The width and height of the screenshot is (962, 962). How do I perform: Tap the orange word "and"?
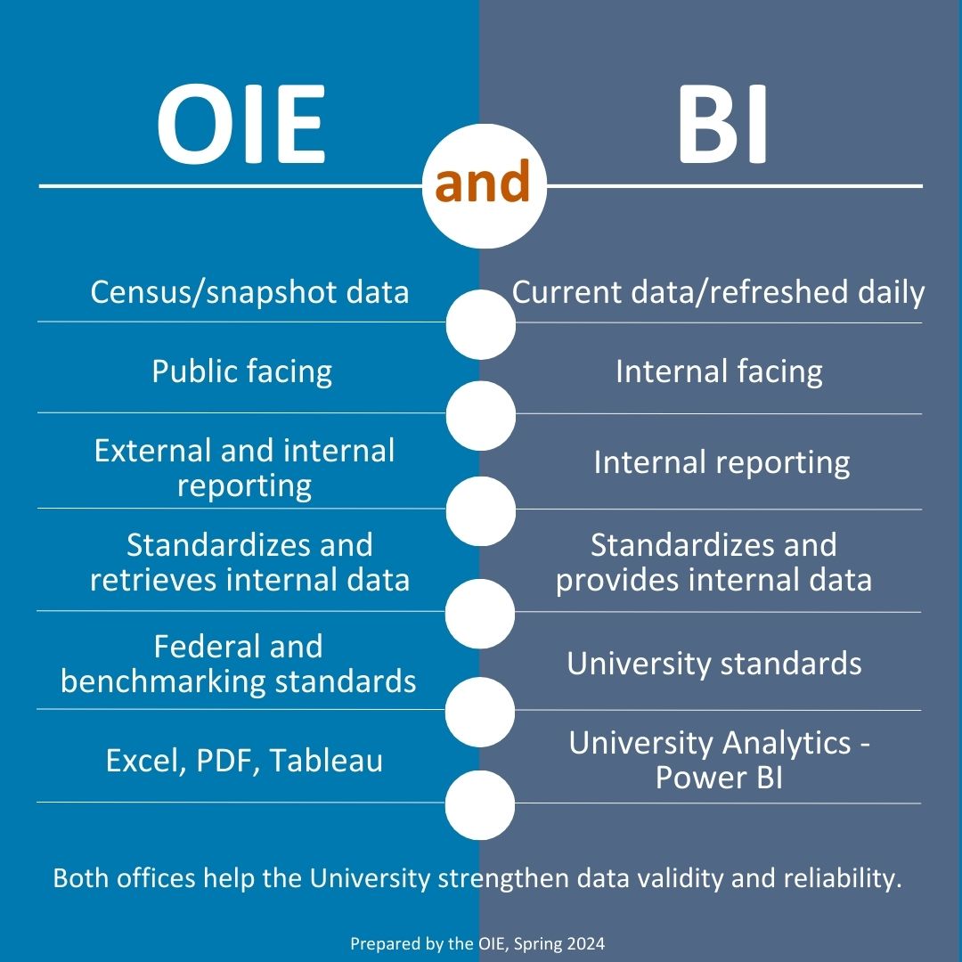(x=482, y=181)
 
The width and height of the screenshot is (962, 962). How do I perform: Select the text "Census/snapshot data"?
(x=249, y=292)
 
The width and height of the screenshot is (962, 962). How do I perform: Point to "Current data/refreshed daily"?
(x=718, y=293)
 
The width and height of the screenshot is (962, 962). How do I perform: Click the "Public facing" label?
(x=241, y=371)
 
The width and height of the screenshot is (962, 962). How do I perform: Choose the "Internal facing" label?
(x=719, y=371)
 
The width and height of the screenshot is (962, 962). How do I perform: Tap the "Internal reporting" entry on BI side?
(x=721, y=462)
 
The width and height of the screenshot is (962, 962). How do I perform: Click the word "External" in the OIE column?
(x=153, y=451)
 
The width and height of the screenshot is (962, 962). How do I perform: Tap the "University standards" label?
(x=714, y=664)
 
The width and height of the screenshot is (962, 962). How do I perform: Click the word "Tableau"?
(x=326, y=761)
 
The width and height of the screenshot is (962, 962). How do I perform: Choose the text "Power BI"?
(x=719, y=778)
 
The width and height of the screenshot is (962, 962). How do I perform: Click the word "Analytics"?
(x=786, y=744)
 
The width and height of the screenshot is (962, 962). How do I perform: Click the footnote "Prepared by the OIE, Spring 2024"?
(x=477, y=943)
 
